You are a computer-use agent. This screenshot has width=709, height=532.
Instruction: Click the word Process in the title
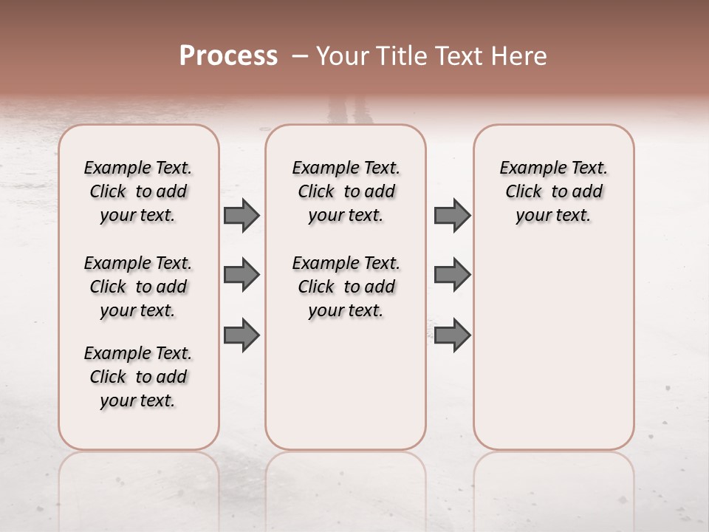pyautogui.click(x=228, y=56)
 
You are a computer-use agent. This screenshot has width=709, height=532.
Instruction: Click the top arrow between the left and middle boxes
pyautogui.click(x=242, y=216)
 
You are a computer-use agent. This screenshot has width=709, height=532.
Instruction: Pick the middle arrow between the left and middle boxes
pyautogui.click(x=242, y=275)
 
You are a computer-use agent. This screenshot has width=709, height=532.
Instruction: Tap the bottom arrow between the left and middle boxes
pyautogui.click(x=242, y=335)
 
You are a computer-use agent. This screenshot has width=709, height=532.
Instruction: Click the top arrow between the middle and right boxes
pyautogui.click(x=452, y=216)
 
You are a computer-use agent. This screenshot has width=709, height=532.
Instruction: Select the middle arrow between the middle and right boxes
pyautogui.click(x=452, y=275)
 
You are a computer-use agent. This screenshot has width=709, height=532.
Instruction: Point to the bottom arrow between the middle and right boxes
pyautogui.click(x=452, y=335)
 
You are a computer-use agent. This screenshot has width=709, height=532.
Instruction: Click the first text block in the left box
pyautogui.click(x=138, y=191)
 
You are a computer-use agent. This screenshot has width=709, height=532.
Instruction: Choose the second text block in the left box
pyautogui.click(x=138, y=287)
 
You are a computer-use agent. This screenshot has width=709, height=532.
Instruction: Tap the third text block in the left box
pyautogui.click(x=138, y=377)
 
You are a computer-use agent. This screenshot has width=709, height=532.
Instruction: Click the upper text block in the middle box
pyautogui.click(x=346, y=191)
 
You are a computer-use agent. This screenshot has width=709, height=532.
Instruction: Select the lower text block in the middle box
pyautogui.click(x=346, y=287)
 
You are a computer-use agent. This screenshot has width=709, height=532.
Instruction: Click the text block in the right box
pyautogui.click(x=553, y=191)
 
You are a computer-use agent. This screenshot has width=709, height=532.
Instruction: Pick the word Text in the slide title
pyautogui.click(x=460, y=56)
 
